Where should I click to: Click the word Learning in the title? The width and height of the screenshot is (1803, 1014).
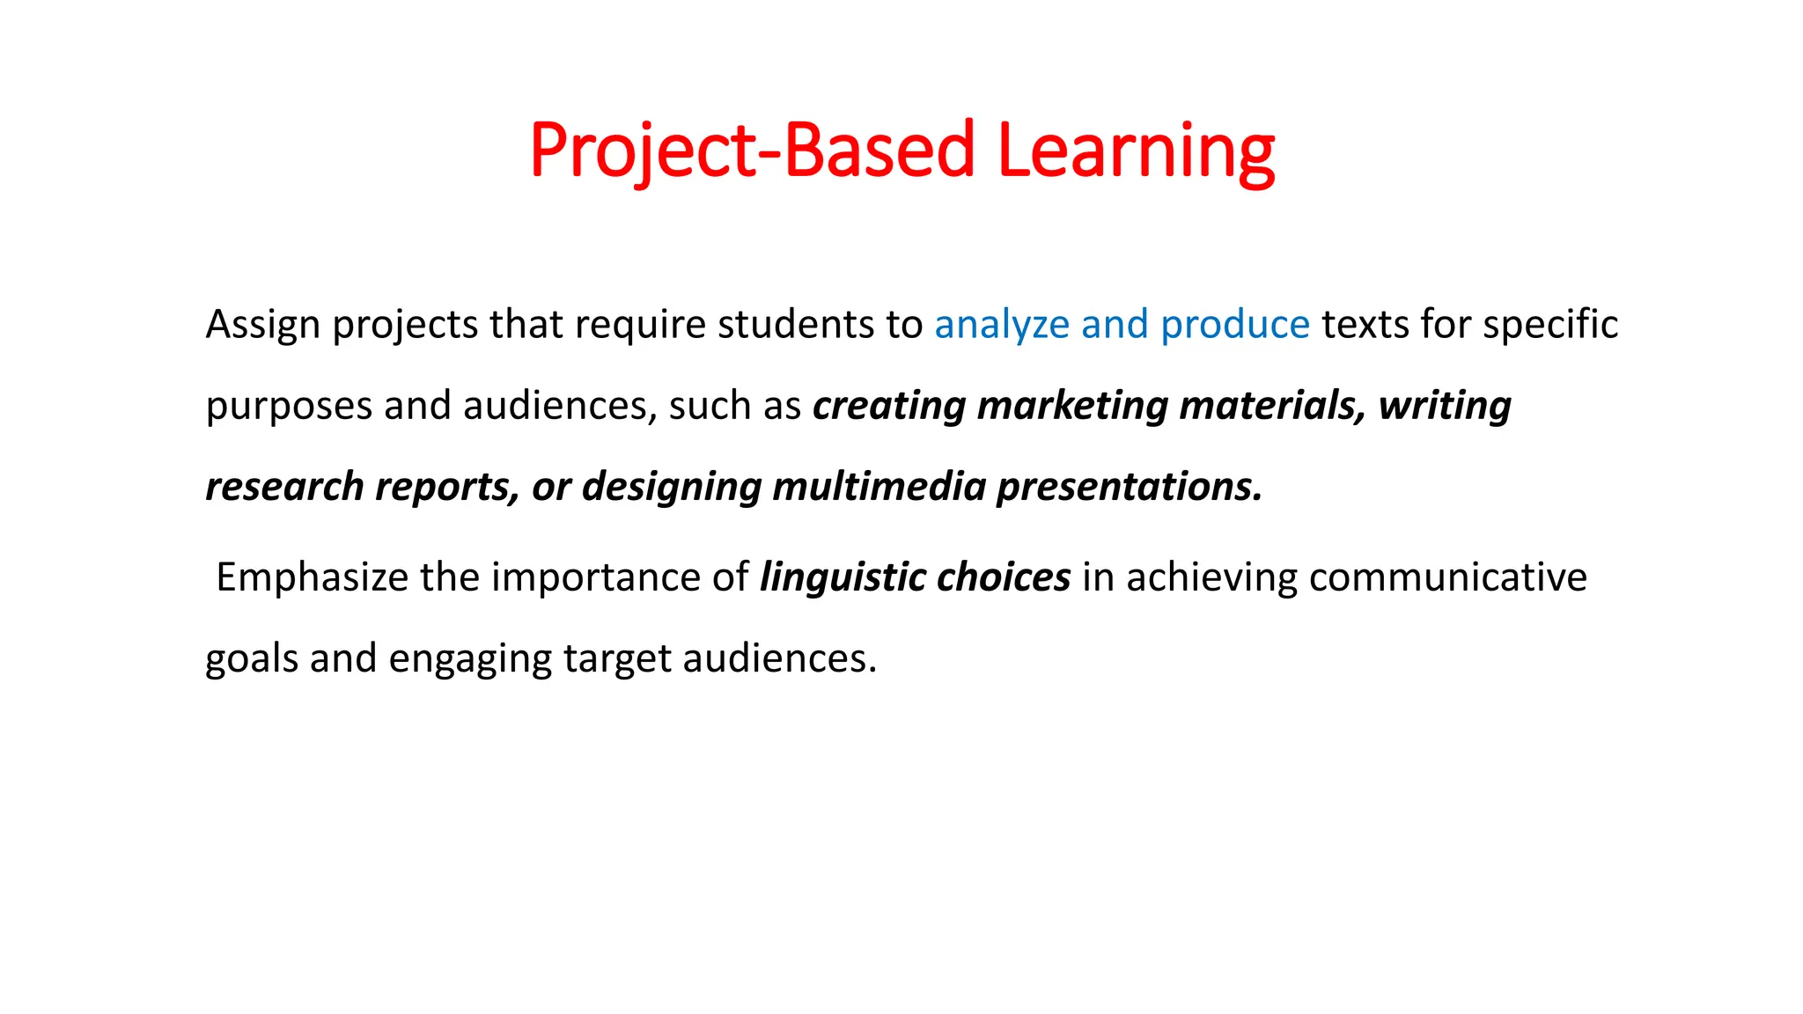point(1136,151)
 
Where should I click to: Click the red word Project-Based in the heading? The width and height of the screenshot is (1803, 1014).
point(752,151)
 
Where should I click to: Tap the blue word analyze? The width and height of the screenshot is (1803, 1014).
point(1002,325)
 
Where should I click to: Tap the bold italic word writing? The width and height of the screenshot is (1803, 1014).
point(1445,406)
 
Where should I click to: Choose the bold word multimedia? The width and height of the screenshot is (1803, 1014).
point(879,487)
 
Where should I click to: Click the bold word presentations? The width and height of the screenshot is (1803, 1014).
point(1129,487)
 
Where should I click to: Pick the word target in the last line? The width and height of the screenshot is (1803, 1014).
point(616,658)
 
